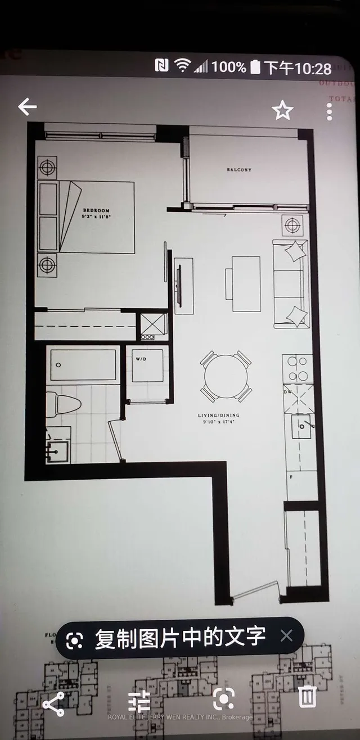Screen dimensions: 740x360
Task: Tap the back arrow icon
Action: point(27,107)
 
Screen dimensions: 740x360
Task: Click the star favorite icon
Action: point(282,110)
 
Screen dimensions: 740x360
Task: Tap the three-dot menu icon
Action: point(330,111)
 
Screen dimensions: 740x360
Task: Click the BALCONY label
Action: point(239,169)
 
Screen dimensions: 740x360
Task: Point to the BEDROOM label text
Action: point(95,210)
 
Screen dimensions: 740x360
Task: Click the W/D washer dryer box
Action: point(147,366)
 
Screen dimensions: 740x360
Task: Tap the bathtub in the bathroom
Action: point(83,365)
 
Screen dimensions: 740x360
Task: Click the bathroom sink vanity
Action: point(58,450)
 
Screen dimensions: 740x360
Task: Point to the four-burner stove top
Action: point(297,369)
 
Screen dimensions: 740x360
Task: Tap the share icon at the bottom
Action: point(53,704)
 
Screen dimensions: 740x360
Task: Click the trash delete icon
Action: point(307,697)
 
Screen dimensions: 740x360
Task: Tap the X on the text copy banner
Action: point(286,636)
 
